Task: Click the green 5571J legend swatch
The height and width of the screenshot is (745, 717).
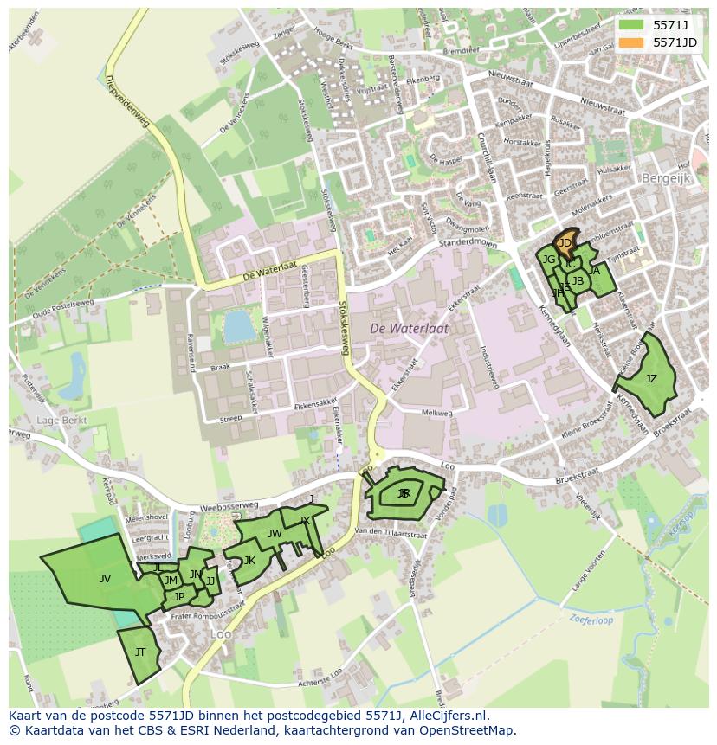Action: click(631, 25)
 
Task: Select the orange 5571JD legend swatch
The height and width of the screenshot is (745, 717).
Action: click(631, 42)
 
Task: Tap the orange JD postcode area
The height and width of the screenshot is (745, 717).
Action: click(565, 243)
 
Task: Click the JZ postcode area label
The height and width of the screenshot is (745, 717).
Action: click(651, 379)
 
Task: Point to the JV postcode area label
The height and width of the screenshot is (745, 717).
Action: click(105, 578)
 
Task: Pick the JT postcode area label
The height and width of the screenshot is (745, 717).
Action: click(140, 652)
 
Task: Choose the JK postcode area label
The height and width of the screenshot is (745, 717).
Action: click(249, 561)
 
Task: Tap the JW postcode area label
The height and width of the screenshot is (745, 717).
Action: click(275, 534)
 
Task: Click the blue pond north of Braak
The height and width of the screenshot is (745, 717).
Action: click(236, 326)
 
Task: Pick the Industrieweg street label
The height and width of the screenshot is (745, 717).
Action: click(490, 367)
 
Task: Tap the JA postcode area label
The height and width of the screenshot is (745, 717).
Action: click(594, 271)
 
